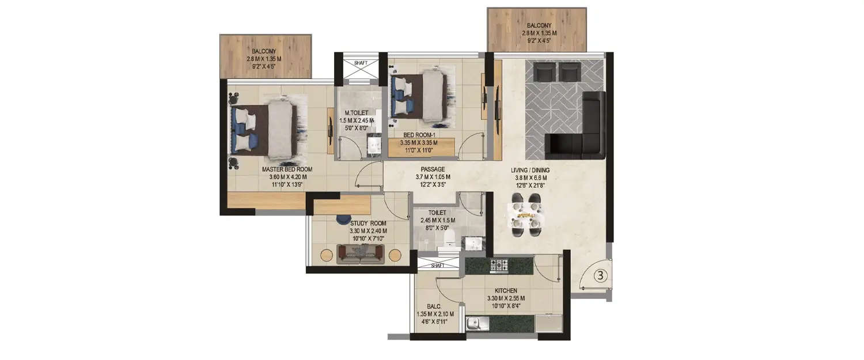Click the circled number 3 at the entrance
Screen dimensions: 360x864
[x=599, y=275]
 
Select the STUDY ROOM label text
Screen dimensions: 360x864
[x=367, y=223]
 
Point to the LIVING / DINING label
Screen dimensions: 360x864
[x=530, y=170]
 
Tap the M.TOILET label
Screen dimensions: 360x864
[x=357, y=112]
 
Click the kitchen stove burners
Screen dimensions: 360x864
[x=499, y=266]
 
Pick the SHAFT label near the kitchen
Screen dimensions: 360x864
[x=437, y=266]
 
